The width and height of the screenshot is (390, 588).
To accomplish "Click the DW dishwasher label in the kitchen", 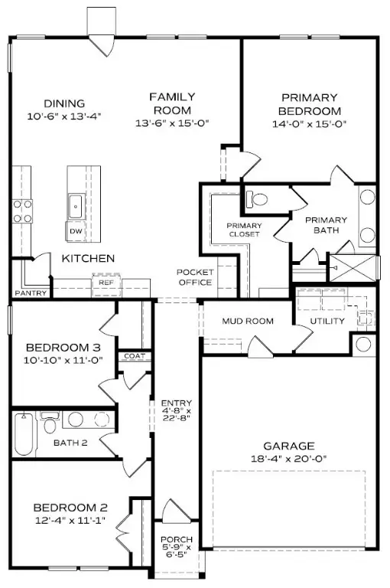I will (76, 231).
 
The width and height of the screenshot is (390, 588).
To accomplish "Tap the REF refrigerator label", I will (105, 283).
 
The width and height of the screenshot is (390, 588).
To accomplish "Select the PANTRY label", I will (31, 293).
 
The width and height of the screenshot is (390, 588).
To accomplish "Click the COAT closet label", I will (135, 356).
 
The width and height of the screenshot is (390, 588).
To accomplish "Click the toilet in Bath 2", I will (50, 423).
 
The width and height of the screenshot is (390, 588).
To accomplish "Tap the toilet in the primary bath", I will (259, 199).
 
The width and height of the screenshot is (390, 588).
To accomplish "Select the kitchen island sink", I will (76, 204).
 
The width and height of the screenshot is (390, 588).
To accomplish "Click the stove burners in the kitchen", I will (21, 211).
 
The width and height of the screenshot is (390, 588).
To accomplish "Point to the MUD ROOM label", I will (248, 321).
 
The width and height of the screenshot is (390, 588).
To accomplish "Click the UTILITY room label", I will (327, 321).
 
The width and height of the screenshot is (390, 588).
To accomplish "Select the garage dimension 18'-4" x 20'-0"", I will (289, 460).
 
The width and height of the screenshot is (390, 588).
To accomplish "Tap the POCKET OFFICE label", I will (194, 277).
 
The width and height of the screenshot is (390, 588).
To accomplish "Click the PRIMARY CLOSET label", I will (244, 230).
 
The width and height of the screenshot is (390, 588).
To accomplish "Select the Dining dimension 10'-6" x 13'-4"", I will (63, 116).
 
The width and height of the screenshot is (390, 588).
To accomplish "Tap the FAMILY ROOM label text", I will (172, 103).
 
